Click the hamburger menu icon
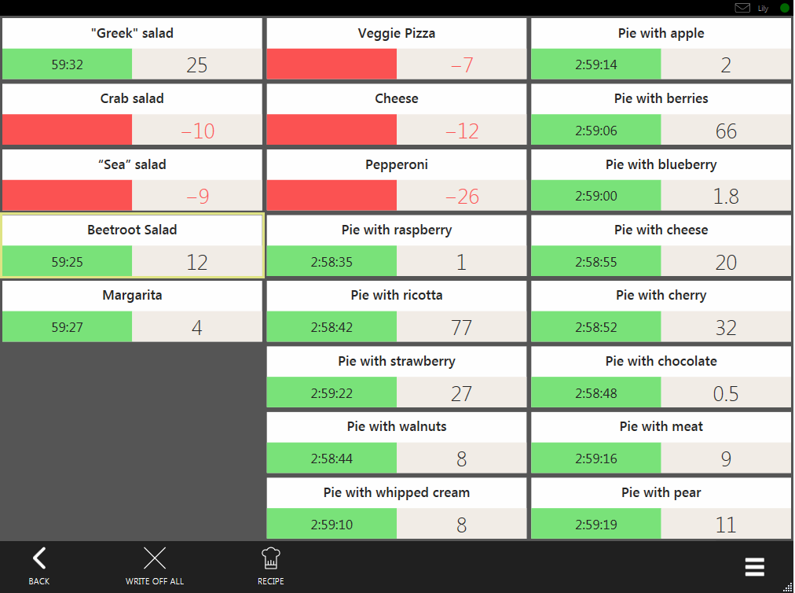[x=754, y=567]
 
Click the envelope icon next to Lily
[x=742, y=8]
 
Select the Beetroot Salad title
[x=132, y=230]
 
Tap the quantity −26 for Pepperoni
[x=462, y=196]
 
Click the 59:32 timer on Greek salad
[x=68, y=64]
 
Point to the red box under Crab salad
[x=68, y=130]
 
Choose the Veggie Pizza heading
[x=397, y=34]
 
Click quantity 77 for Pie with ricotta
[x=462, y=326]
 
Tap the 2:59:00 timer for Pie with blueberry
[x=596, y=196]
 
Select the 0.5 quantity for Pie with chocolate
[x=726, y=392]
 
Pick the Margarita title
[x=132, y=296]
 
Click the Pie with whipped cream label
[x=397, y=493]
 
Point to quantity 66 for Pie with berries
[x=726, y=131]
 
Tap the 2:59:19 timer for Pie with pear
[x=596, y=524]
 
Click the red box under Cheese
[x=332, y=130]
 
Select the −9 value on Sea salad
[x=197, y=196]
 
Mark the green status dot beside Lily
[x=785, y=8]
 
